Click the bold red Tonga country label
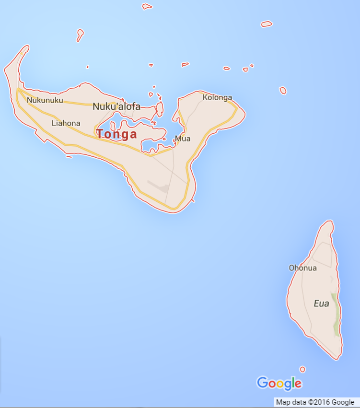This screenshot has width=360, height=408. [x=116, y=134]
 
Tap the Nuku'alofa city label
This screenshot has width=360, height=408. [x=116, y=106]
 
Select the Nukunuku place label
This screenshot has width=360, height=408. [x=45, y=100]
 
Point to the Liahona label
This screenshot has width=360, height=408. [x=66, y=123]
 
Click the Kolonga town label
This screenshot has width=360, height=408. [x=217, y=98]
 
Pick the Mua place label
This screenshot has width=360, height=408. [x=183, y=139]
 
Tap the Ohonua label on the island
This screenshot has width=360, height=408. [x=302, y=268]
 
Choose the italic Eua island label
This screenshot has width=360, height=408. [x=321, y=303]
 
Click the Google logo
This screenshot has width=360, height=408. [x=279, y=383]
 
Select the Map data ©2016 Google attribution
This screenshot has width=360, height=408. [x=315, y=402]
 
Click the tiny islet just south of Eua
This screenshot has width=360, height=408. [x=302, y=369]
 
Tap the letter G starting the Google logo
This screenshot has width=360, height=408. [x=263, y=383]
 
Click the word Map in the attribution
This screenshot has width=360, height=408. [x=283, y=402]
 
